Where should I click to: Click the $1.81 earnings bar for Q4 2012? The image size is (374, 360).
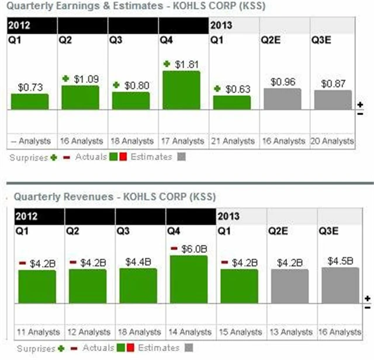(x=181, y=90)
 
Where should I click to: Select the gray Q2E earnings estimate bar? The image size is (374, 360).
(x=282, y=99)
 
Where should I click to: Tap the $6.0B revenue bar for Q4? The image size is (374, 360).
(x=189, y=279)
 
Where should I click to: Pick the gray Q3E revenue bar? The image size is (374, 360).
(x=340, y=285)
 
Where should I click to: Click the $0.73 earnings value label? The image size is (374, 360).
(x=30, y=86)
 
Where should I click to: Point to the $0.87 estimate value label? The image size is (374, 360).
(x=333, y=84)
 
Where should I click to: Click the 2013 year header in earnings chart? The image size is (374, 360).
(x=221, y=25)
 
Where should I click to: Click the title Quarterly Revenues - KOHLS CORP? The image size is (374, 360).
(x=114, y=196)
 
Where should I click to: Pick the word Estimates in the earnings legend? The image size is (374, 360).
(x=151, y=157)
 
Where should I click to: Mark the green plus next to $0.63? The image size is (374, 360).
(x=217, y=89)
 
